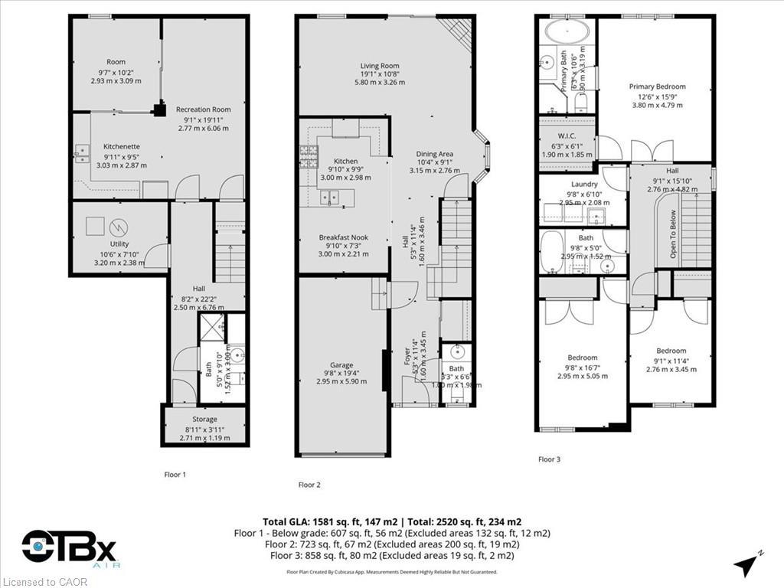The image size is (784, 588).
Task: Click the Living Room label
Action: click(x=380, y=66)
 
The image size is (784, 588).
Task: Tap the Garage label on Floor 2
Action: click(x=341, y=365)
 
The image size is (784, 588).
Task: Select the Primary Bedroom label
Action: click(x=657, y=87)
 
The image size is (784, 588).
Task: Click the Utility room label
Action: click(x=119, y=244)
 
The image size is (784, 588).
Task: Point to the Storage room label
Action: click(x=204, y=419)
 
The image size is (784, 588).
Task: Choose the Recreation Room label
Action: click(x=203, y=109)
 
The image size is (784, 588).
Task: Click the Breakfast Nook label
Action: click(x=343, y=237)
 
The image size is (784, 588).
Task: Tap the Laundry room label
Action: click(x=583, y=185)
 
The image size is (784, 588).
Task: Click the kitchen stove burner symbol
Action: click(x=308, y=151)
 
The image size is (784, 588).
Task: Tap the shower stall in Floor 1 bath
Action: click(x=212, y=327)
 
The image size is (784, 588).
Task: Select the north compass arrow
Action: click(x=745, y=565)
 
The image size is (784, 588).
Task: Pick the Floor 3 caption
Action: click(x=549, y=459)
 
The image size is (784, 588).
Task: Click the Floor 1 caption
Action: click(x=175, y=475)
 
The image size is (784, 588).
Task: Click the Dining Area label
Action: click(x=435, y=154)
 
